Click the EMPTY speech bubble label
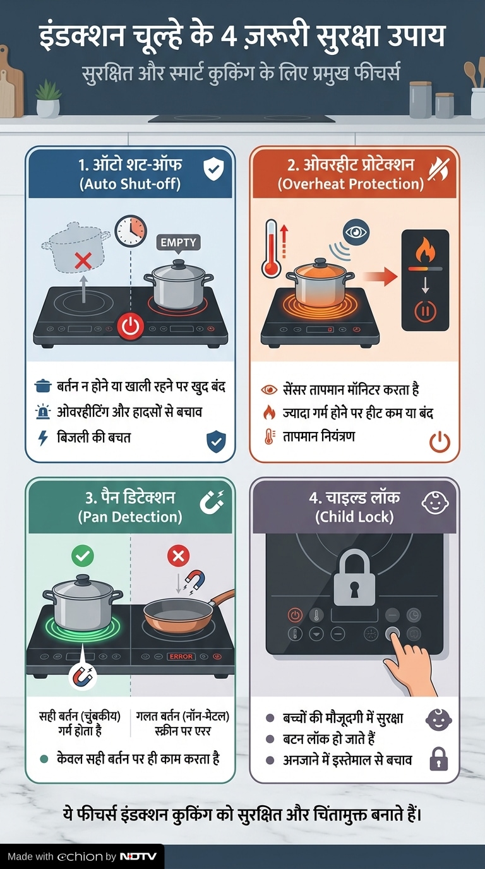click(x=179, y=243)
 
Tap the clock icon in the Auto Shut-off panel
click(x=131, y=231)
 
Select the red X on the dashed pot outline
click(x=83, y=260)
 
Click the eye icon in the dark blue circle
click(x=356, y=232)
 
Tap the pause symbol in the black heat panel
click(x=425, y=311)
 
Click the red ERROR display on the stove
click(x=181, y=656)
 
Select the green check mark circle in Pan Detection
click(x=83, y=556)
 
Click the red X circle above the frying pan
click(x=179, y=556)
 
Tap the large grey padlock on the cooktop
click(x=354, y=578)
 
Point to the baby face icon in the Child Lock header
click(x=435, y=503)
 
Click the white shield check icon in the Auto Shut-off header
click(x=214, y=169)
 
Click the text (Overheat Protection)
click(x=350, y=184)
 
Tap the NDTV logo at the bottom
click(x=138, y=856)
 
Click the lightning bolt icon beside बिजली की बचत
click(x=43, y=438)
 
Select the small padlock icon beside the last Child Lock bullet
click(x=439, y=759)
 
